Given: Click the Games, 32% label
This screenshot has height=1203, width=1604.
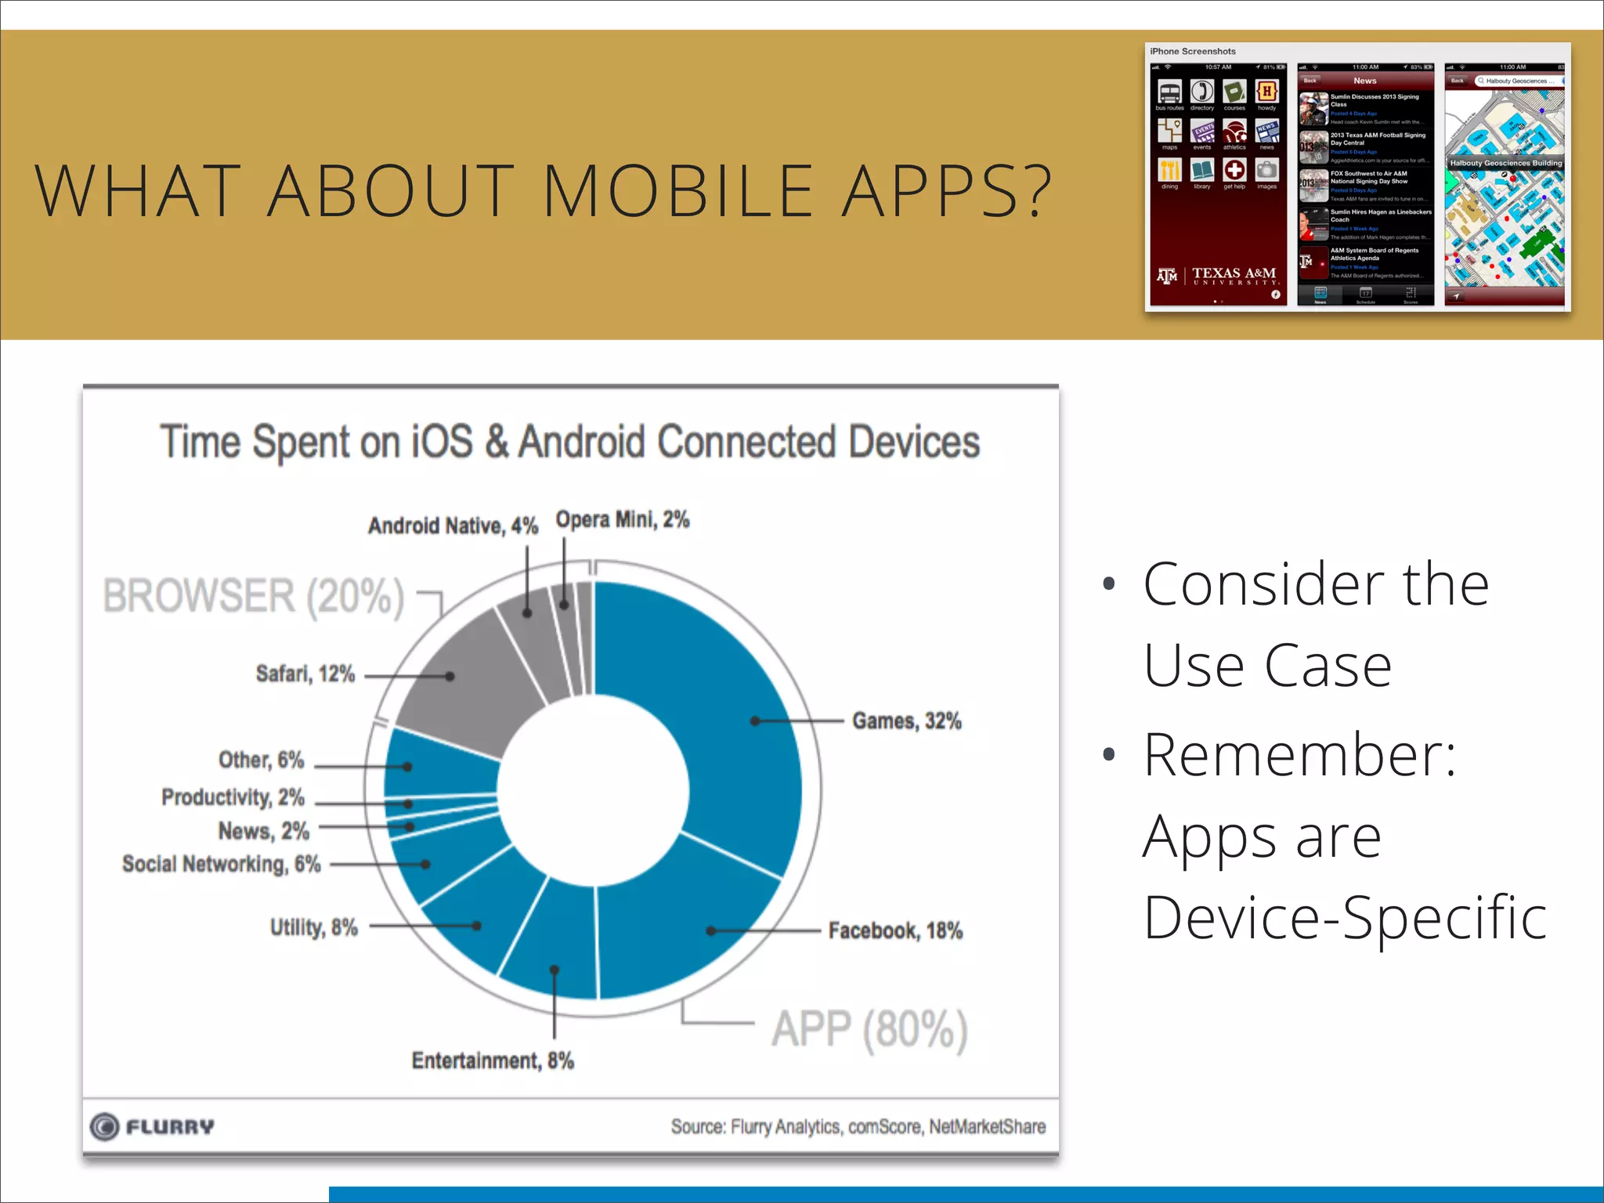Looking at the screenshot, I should point(906,721).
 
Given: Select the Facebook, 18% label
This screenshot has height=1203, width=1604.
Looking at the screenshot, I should point(895,930).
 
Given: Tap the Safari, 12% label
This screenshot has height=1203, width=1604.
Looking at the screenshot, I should point(305,674).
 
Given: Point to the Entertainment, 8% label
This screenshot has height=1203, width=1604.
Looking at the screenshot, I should point(493,1060).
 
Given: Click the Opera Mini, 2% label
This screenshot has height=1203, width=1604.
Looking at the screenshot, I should point(623,519).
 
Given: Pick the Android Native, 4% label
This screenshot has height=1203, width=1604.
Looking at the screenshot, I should point(453,526).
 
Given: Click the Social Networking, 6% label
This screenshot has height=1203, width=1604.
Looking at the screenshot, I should point(222,864).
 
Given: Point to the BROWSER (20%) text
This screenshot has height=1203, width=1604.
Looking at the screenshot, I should point(253,596).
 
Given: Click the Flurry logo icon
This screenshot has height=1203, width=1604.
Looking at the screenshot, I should point(104,1126).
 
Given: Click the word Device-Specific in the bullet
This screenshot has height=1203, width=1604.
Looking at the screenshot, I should point(1344,917).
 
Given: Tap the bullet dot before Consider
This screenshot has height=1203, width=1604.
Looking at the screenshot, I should point(1107,583).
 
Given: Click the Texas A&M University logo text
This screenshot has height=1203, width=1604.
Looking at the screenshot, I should point(1234,275).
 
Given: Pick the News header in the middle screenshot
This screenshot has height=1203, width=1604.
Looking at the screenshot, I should point(1364,81).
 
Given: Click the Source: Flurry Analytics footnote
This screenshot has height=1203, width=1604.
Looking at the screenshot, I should point(858,1126).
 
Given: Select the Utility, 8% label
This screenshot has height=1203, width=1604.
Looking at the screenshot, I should point(313,927).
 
